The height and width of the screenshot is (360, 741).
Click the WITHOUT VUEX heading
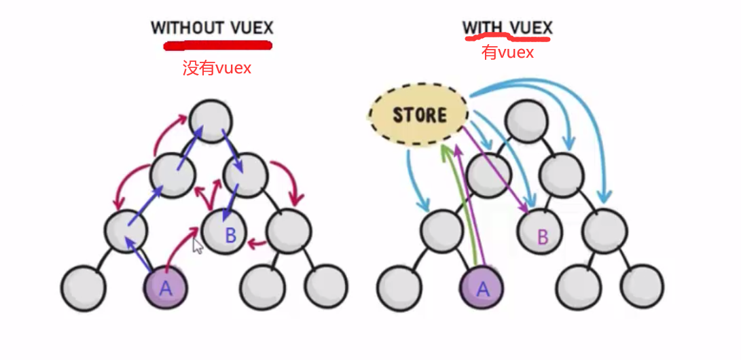pos(212,28)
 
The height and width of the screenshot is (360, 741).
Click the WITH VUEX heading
pos(507,28)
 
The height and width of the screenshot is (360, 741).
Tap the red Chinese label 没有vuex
pos(217,68)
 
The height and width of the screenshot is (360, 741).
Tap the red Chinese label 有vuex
pos(507,52)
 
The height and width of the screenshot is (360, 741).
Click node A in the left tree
pos(165,287)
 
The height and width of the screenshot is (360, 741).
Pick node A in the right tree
pos(482,287)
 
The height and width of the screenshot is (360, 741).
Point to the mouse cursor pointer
pos(198,246)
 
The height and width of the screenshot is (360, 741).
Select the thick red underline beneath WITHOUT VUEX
pos(217,46)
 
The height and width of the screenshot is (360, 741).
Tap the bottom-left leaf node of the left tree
pos(83,288)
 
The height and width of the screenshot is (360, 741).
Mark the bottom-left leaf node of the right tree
pos(399,288)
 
